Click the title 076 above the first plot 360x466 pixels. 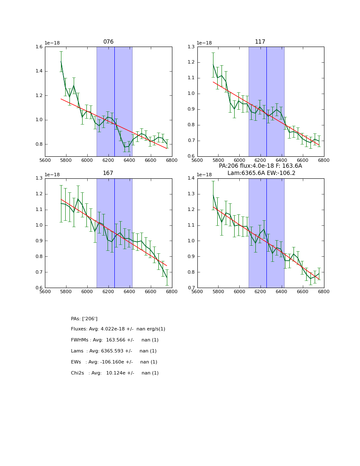tap(108, 42)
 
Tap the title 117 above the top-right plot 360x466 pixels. tap(260, 42)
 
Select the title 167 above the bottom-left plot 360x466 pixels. tap(108, 173)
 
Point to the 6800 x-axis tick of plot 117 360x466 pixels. tap(324, 160)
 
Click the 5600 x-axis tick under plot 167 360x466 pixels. tap(45, 291)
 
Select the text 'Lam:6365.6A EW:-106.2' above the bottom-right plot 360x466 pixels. tap(261, 173)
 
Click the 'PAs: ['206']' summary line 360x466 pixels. tap(84, 319)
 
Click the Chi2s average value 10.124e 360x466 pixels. tap(120, 373)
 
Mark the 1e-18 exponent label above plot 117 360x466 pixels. tap(204, 43)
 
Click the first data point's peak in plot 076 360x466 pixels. tap(61, 61)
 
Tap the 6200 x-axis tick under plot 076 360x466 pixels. tap(108, 160)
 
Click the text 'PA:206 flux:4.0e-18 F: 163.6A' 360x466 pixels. tap(260, 166)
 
